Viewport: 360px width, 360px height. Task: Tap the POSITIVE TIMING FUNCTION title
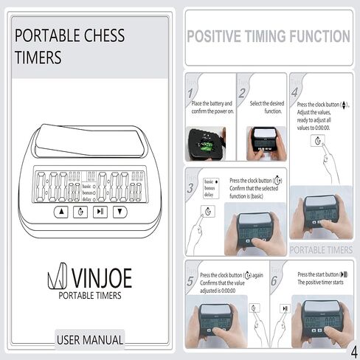268,37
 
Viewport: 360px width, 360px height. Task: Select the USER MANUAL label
90,340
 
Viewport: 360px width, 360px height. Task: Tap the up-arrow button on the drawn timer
61,211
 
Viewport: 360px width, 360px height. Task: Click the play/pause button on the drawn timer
100,211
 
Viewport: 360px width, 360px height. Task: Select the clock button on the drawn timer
80,211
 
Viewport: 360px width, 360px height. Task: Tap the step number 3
191,189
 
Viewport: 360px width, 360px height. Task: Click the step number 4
294,93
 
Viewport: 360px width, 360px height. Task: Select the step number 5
190,281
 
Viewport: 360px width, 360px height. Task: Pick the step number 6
274,281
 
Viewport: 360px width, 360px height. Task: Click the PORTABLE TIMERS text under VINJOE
90,296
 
